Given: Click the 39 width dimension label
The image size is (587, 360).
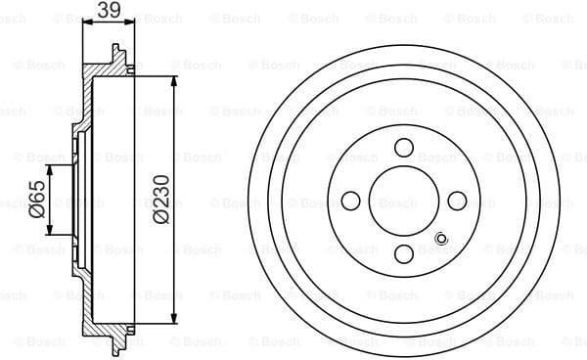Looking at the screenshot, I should [x=108, y=12].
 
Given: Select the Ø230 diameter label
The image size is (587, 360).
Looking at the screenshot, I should [x=160, y=200].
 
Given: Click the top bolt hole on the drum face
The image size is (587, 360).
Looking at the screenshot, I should [x=403, y=148].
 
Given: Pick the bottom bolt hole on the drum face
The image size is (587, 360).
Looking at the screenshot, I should [x=403, y=254].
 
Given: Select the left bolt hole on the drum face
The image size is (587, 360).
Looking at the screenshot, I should [x=350, y=201].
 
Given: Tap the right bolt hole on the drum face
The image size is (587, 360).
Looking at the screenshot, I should [x=456, y=201].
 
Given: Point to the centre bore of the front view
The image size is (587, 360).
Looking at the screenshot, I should [x=403, y=201].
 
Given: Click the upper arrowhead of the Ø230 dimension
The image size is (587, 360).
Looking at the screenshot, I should [x=174, y=87].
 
